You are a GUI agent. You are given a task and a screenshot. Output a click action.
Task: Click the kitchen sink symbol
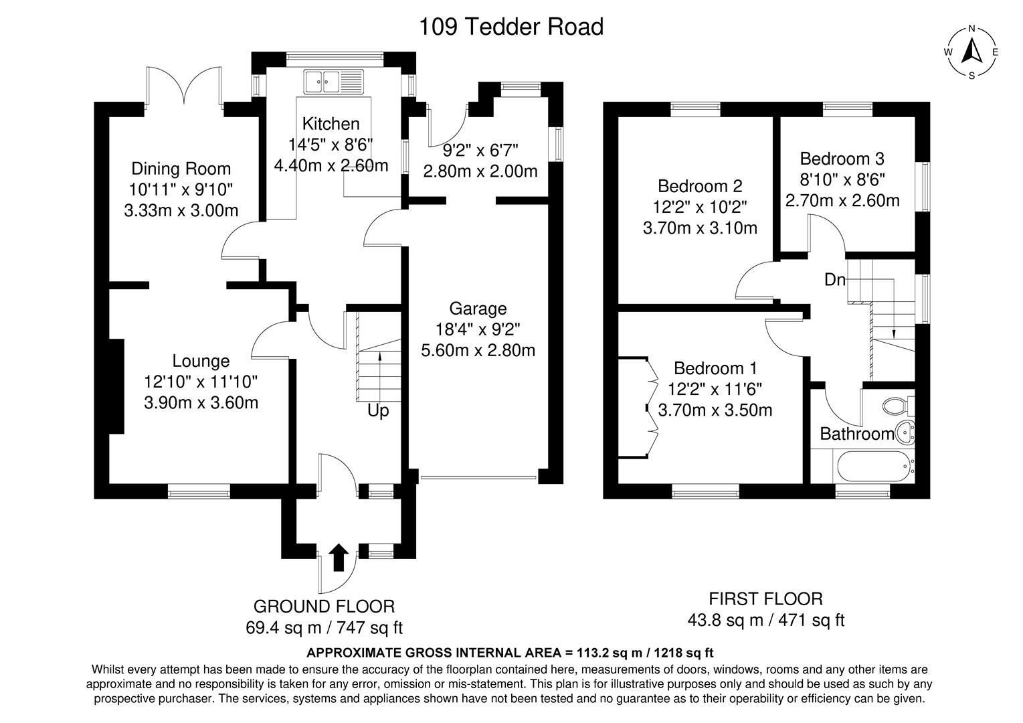point(333,82)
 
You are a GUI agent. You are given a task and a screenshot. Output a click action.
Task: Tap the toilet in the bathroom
point(897,405)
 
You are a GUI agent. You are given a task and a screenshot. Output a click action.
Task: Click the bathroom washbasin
point(904,434)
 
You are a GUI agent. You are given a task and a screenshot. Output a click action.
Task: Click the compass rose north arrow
point(971,51)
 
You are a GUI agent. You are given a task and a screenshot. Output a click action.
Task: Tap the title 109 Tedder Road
point(510,27)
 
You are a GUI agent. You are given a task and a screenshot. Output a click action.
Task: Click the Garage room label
point(478,309)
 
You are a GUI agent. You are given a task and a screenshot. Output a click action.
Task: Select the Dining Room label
point(181,169)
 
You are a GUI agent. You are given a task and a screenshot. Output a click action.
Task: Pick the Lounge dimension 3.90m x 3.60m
point(201,402)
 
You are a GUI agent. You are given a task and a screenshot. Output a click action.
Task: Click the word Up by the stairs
point(378,410)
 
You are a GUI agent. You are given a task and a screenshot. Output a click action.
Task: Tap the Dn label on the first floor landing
point(834,280)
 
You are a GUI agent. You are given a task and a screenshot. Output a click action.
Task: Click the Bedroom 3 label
point(842,159)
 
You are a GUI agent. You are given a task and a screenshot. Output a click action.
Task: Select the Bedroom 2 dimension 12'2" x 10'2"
point(700,207)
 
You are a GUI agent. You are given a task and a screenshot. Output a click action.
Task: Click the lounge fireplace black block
point(116,386)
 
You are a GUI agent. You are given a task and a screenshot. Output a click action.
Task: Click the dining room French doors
point(183,87)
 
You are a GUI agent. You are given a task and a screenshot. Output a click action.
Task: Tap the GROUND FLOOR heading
point(324,607)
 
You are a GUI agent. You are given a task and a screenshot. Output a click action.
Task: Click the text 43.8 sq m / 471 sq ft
point(765,621)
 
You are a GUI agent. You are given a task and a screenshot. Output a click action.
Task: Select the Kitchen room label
point(331,124)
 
